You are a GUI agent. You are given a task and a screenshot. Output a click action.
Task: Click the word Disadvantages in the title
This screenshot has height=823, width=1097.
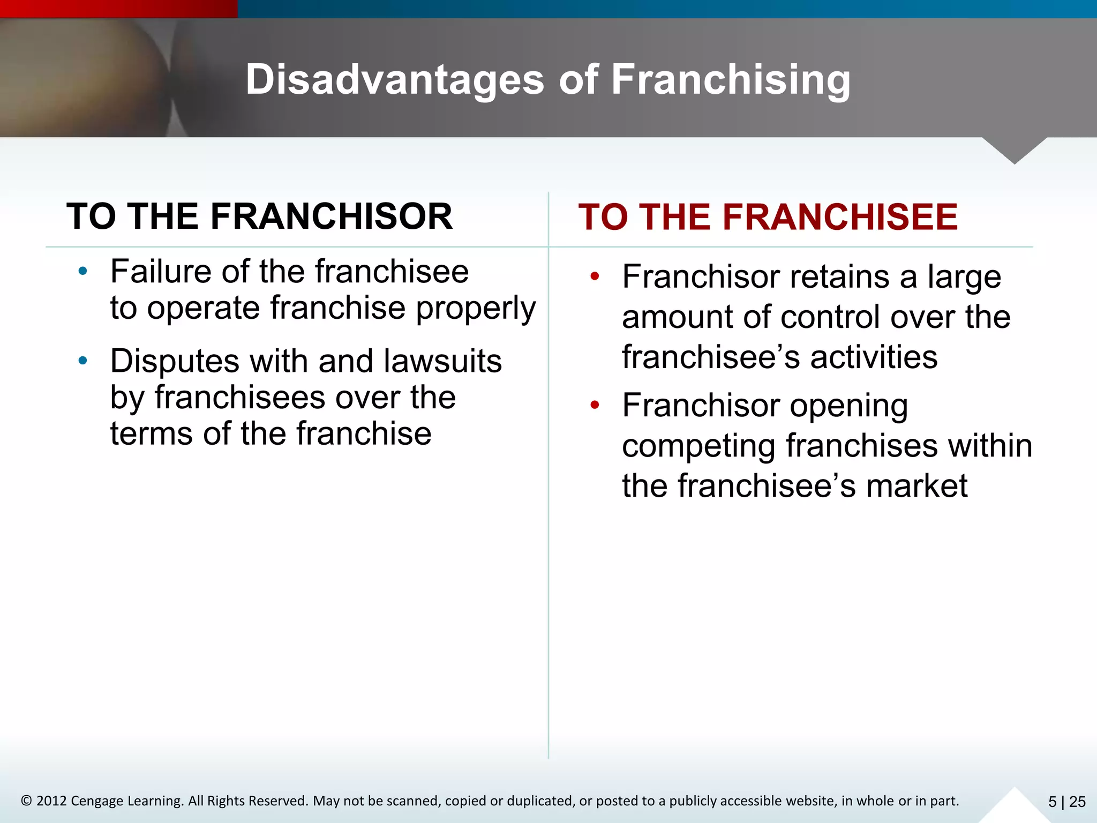395,80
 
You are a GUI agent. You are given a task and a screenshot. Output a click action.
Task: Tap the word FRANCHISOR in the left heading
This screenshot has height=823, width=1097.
331,216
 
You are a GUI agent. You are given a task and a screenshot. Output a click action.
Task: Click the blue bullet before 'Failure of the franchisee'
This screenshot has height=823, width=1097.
82,272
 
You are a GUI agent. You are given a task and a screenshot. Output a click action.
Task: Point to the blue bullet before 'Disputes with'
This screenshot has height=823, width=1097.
82,361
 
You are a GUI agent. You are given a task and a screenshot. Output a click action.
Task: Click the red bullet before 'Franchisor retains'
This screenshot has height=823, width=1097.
595,277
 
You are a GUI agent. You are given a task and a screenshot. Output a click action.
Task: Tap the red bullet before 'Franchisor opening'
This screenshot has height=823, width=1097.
595,405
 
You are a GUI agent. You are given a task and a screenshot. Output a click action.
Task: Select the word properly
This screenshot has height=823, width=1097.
476,309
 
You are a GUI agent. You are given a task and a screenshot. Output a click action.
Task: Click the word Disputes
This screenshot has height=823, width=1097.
174,362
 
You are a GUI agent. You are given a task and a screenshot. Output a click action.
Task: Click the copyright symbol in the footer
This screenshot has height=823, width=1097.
26,801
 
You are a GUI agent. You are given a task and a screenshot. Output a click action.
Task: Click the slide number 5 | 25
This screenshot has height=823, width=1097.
1066,802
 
